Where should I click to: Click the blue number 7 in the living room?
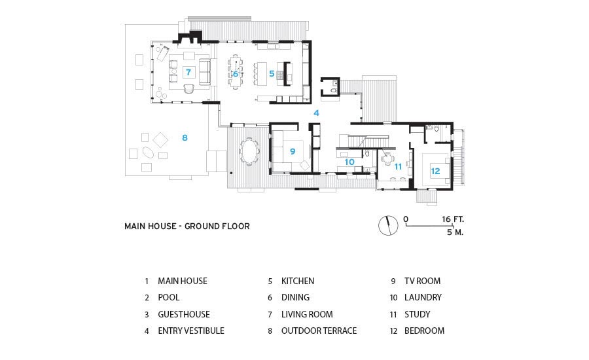(188, 72)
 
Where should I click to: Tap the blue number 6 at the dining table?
(236, 74)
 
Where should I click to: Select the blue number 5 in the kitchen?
(272, 74)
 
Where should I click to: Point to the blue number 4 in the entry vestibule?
(316, 113)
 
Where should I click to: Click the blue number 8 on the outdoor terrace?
(185, 138)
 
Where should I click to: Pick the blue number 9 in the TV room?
(293, 151)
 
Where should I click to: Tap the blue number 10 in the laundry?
(349, 162)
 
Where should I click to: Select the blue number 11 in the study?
(398, 166)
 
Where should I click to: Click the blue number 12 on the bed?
(435, 171)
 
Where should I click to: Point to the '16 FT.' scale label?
(453, 219)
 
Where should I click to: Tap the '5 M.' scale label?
(455, 232)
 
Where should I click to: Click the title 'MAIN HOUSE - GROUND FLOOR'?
(187, 226)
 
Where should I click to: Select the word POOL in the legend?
(169, 297)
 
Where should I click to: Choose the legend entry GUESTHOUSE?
(184, 314)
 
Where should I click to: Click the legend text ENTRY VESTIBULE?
(191, 331)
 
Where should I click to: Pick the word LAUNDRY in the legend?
(423, 297)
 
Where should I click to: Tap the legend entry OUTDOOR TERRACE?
(319, 331)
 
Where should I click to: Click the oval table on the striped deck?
(249, 151)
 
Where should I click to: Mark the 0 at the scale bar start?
(406, 219)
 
